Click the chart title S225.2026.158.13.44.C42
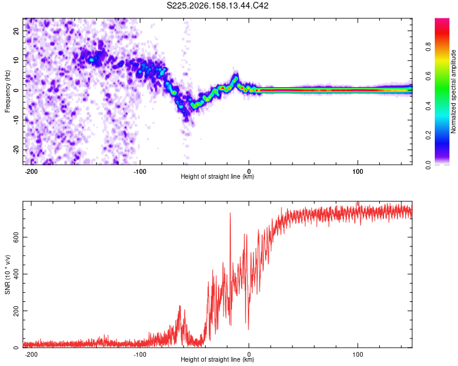tap(217, 5)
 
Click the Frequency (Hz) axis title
tap(7, 91)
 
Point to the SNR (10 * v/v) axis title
tap(7, 274)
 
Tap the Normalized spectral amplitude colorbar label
tap(453, 91)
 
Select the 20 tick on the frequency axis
tap(16, 31)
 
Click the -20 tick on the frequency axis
tap(16, 149)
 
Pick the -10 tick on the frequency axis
tap(16, 120)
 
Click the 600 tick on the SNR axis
tap(16, 237)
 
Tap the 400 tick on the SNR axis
tap(16, 274)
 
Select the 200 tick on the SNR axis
tap(16, 311)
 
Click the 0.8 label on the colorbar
tap(428, 47)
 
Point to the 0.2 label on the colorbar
tap(428, 135)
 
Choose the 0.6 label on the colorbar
tap(428, 76)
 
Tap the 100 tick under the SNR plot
tap(357, 354)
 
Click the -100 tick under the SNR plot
tap(140, 354)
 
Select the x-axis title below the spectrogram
tap(217, 176)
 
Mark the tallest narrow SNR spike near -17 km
tap(230, 213)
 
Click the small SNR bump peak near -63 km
tap(180, 306)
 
